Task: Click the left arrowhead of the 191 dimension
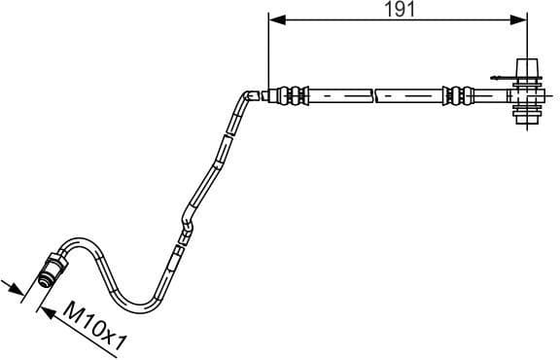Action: pyautogui.click(x=274, y=19)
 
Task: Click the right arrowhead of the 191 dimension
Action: pyautogui.click(x=522, y=19)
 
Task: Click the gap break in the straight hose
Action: pyautogui.click(x=373, y=95)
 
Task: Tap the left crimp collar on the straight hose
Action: pyautogui.click(x=288, y=95)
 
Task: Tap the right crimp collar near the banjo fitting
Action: pyautogui.click(x=451, y=95)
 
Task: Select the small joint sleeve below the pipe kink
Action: pyautogui.click(x=177, y=258)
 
